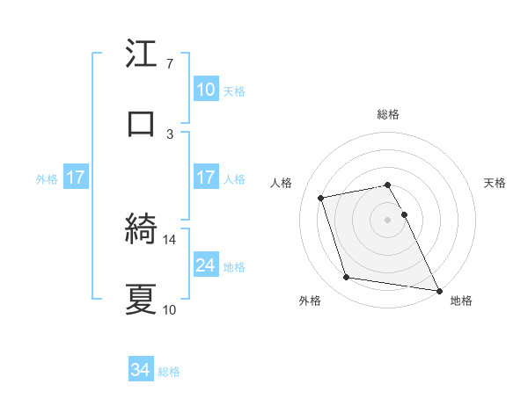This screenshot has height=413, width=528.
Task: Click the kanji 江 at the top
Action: (x=141, y=54)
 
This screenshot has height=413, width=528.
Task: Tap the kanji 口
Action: (x=141, y=123)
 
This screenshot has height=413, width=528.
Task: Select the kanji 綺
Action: (x=141, y=230)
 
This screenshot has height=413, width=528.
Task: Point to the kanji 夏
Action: (x=141, y=299)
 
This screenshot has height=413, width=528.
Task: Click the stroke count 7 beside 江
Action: (x=169, y=64)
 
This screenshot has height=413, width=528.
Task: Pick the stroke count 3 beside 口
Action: (x=169, y=134)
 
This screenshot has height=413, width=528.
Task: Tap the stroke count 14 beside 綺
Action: (x=170, y=239)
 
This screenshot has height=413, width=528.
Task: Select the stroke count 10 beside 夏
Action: (x=170, y=309)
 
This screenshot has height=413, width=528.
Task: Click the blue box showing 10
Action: (x=206, y=90)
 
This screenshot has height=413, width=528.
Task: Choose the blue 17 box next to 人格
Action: (x=206, y=178)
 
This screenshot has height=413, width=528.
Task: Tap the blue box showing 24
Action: (x=206, y=265)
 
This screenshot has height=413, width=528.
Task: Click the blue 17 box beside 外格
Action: (x=76, y=178)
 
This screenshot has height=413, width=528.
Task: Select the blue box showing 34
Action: (x=141, y=371)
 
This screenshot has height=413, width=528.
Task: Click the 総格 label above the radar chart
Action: (x=388, y=114)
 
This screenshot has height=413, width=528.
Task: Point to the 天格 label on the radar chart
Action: (x=495, y=183)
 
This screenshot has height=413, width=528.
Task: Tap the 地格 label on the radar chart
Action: (x=461, y=301)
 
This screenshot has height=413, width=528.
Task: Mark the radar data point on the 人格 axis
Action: (x=321, y=197)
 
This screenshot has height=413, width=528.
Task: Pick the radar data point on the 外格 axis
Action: (x=347, y=278)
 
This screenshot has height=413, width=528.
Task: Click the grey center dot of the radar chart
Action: (x=388, y=219)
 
